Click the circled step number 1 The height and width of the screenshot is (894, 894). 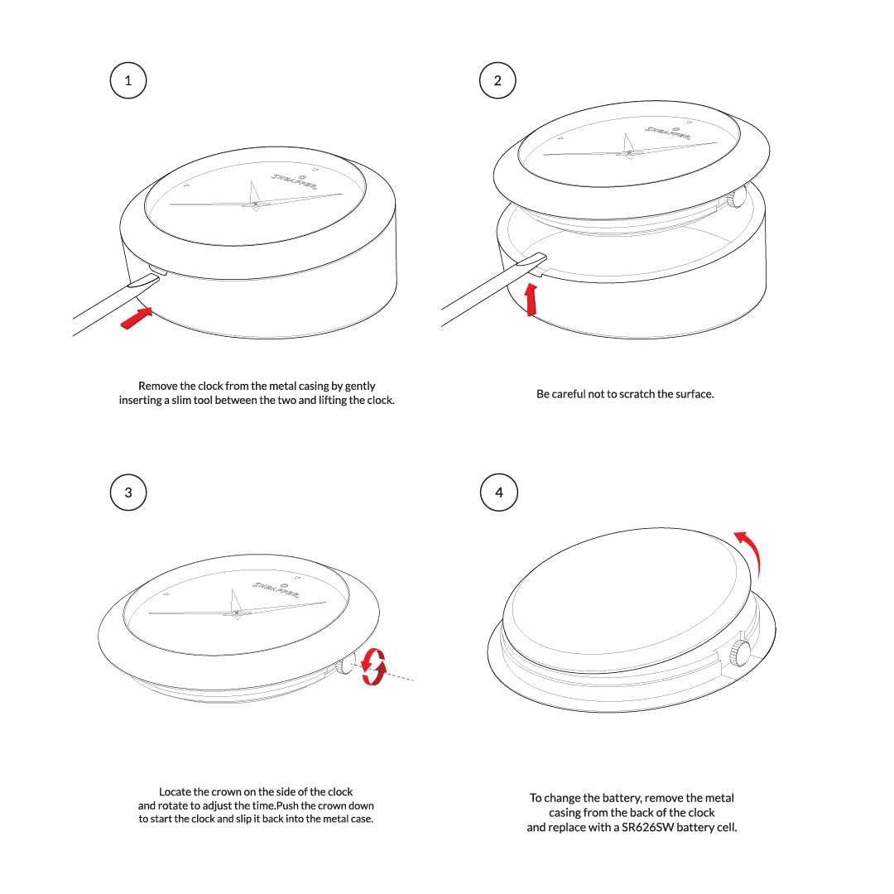127,80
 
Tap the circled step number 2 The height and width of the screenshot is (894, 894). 497,80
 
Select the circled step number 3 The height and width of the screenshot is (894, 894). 127,493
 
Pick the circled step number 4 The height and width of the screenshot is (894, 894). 498,493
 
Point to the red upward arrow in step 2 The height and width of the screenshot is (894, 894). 531,298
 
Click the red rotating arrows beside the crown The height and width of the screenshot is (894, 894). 374,666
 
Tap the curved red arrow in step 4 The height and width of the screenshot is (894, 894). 751,550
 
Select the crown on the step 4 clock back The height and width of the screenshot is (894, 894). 739,652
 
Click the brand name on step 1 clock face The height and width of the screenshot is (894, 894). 294,183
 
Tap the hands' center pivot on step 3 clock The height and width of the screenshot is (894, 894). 238,613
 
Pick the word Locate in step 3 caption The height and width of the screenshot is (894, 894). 176,791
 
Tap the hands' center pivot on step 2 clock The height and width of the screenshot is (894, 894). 629,151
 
